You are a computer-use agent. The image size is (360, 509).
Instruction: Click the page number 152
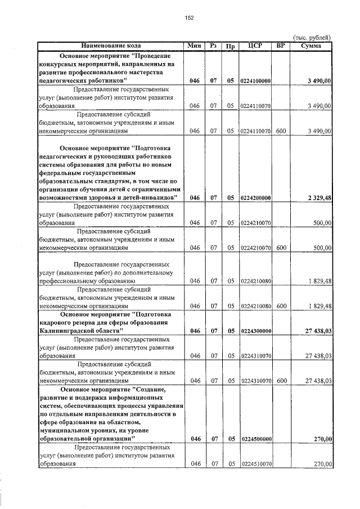[x=189, y=18]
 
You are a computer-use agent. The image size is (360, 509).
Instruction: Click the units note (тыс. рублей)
[x=312, y=38]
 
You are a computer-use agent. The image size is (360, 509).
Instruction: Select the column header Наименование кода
[x=111, y=46]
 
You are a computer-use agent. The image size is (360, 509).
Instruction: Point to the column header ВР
[x=281, y=46]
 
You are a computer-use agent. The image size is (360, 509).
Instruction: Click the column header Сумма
[x=311, y=46]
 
